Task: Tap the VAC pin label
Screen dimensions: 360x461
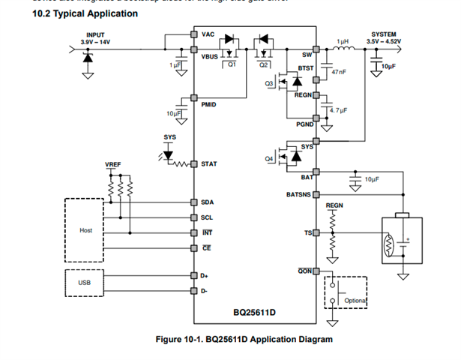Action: (208, 34)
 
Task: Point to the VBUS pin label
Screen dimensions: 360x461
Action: (210, 56)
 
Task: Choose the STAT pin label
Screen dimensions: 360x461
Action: (208, 163)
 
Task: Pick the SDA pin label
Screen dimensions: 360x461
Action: (207, 202)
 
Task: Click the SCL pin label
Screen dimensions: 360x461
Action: (207, 217)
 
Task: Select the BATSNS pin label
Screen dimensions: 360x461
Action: (299, 194)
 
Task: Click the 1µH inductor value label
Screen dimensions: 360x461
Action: (343, 42)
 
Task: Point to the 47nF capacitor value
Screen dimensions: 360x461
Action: (339, 72)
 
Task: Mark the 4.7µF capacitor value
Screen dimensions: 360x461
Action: (339, 109)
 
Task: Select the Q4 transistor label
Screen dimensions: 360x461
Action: (269, 158)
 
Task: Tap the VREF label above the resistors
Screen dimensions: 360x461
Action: (112, 164)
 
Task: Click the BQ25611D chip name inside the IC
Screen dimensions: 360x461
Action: (255, 310)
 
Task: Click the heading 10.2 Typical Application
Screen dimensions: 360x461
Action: (74, 13)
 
